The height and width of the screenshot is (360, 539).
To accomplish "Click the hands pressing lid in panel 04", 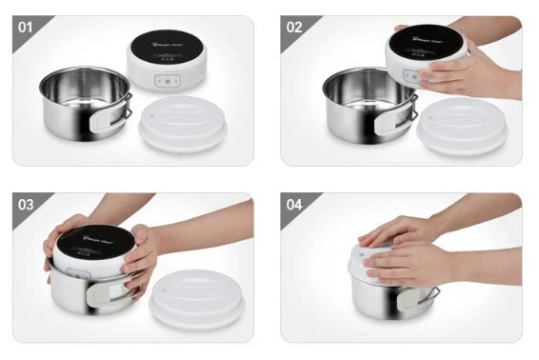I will click(x=409, y=250).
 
